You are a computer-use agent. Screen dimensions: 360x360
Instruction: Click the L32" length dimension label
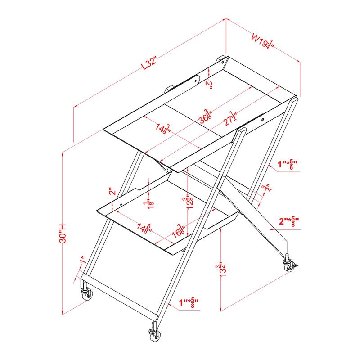click(148, 63)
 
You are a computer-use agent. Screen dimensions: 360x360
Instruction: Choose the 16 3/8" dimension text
click(181, 231)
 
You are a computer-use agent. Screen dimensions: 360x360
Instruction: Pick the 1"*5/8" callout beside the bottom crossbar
click(188, 303)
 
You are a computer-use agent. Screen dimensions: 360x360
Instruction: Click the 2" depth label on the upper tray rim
click(208, 84)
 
